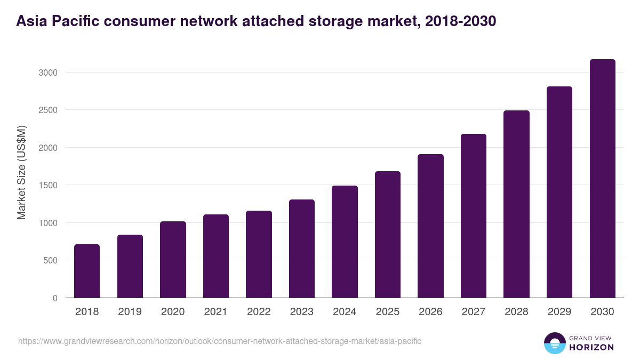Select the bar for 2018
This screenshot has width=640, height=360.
(x=87, y=271)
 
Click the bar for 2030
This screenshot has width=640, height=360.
(x=603, y=179)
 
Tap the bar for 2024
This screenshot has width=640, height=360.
(x=345, y=242)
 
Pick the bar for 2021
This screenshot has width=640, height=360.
(x=216, y=256)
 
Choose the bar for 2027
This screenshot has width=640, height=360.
(x=474, y=216)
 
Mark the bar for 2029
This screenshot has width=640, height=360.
(x=559, y=192)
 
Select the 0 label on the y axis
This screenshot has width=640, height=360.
(x=55, y=299)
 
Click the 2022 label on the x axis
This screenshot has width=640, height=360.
(x=259, y=312)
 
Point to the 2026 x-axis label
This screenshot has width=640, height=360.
(x=430, y=312)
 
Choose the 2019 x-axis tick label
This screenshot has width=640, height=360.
(x=130, y=312)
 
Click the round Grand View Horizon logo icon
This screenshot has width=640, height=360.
(x=555, y=343)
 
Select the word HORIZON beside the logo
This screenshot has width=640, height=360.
(x=592, y=347)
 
